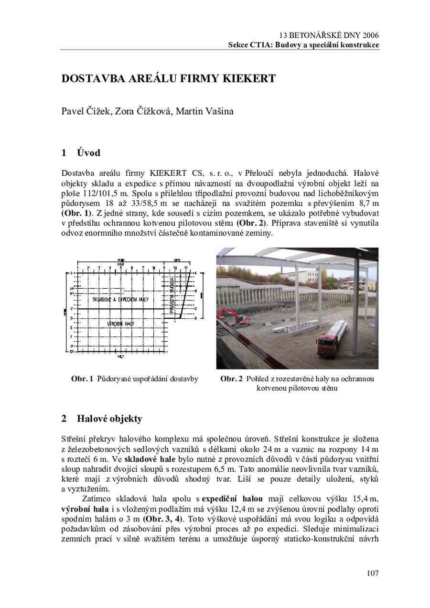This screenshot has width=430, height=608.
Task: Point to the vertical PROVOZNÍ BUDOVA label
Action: click(x=172, y=296)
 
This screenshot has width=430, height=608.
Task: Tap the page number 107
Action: click(x=373, y=573)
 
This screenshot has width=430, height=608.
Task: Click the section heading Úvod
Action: click(x=88, y=153)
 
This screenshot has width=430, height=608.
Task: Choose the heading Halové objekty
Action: click(x=109, y=419)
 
